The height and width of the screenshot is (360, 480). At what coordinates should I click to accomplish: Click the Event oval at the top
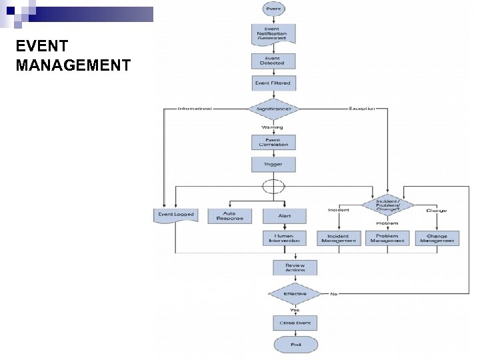pos(273,9)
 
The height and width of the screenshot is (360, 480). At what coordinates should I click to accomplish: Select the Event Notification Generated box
pos(273,34)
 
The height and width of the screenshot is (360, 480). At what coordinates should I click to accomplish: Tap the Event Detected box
pos(273,61)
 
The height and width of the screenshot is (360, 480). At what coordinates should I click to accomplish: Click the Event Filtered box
pos(273,83)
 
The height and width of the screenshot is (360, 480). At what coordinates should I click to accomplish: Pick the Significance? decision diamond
pos(273,109)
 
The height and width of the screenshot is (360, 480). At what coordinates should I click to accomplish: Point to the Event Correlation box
pos(273,142)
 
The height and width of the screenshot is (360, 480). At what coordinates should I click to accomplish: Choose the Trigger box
pos(273,164)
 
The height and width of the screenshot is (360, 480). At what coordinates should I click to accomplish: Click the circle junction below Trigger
pos(273,185)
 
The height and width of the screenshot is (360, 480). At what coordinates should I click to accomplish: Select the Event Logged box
pos(175,215)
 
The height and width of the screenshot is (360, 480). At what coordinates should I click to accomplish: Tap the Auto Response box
pos(230,216)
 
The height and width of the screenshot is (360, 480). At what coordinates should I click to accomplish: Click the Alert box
pos(284,216)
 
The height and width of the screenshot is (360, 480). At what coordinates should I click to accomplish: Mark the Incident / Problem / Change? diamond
pos(387,204)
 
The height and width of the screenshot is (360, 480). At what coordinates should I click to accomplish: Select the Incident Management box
pos(339,238)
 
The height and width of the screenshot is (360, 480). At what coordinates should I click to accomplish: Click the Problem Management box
pos(387,238)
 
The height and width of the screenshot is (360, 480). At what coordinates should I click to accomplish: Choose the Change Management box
pos(437,238)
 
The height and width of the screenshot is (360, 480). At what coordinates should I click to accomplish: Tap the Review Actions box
pos(295,267)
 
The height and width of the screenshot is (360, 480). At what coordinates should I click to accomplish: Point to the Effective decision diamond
pos(295,294)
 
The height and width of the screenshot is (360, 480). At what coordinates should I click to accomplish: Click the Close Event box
pos(295,323)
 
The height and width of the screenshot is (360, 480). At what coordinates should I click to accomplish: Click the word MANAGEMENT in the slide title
pos(73,65)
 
